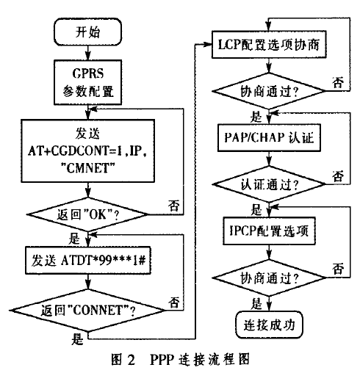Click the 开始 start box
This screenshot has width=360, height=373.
click(87, 32)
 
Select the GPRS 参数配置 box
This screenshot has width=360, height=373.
click(87, 82)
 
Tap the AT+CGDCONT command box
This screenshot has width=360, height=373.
click(87, 151)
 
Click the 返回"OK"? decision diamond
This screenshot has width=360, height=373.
click(87, 214)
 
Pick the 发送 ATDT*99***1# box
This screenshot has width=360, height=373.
click(87, 260)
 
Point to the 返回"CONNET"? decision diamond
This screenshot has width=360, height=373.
click(87, 311)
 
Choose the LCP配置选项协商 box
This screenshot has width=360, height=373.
click(269, 45)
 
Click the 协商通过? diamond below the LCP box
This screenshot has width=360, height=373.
click(269, 91)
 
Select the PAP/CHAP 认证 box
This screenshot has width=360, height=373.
click(269, 138)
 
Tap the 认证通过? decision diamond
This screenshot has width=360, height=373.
click(269, 184)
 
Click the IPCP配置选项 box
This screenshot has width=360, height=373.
click(269, 231)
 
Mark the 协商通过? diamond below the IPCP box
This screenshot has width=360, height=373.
click(269, 278)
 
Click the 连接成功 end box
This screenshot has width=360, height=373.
click(269, 325)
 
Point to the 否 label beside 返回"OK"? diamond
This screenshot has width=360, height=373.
click(174, 206)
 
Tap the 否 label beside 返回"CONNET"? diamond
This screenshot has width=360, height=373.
click(174, 303)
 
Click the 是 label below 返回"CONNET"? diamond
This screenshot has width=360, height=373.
click(77, 339)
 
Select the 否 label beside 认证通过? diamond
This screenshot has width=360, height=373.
click(338, 176)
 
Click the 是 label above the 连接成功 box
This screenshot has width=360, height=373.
click(256, 304)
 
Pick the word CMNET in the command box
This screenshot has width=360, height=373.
click(87, 169)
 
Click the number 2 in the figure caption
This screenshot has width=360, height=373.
click(132, 360)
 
